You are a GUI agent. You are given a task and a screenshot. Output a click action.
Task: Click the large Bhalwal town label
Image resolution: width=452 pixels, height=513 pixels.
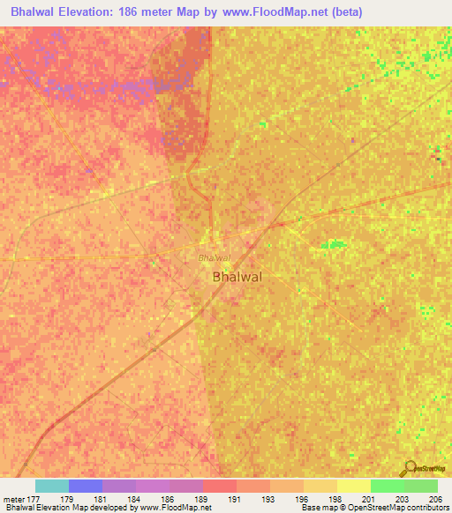tap(237, 277)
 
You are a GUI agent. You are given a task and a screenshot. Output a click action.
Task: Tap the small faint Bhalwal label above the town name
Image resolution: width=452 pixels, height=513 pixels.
tap(213, 258)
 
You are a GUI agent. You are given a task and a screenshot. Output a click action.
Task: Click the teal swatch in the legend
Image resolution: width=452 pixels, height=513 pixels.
tap(52, 486)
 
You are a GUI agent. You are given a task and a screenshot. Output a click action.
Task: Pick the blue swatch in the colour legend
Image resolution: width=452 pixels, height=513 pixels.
tap(86, 486)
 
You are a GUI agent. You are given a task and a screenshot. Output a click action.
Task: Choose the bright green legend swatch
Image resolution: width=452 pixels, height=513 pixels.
tap(387, 486)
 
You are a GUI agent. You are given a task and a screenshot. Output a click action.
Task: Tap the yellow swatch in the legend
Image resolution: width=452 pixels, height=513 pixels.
tap(353, 486)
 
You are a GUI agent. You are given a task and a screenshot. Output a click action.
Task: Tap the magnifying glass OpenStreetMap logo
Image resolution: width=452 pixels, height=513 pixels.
tap(409, 469)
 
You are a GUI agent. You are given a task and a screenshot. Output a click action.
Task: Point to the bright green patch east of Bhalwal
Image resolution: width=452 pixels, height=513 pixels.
tap(333, 243)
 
